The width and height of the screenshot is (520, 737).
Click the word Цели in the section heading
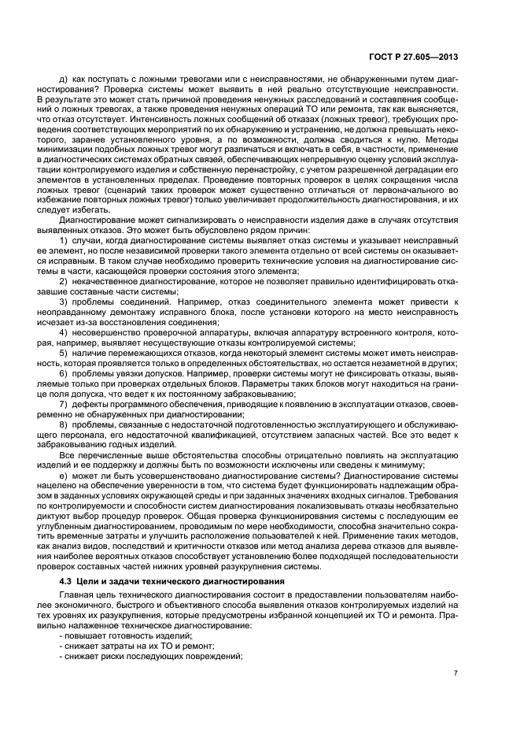(88, 580)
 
